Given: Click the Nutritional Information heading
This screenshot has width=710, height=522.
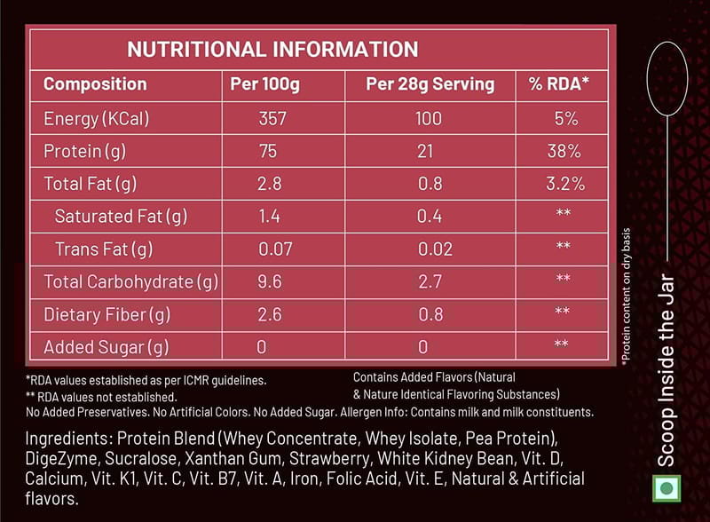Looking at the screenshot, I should click(x=272, y=49).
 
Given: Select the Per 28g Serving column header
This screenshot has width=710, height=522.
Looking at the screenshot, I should click(x=430, y=84).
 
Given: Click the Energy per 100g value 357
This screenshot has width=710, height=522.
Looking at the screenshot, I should click(x=272, y=118).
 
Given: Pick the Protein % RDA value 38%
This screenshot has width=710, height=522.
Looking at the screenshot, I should click(x=564, y=152).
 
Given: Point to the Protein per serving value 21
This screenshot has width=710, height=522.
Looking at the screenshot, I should click(x=425, y=152).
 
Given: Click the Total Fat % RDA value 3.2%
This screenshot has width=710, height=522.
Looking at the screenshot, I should click(x=564, y=185).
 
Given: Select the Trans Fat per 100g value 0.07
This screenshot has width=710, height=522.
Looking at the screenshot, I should click(x=275, y=249).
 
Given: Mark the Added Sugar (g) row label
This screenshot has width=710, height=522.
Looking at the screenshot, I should click(x=106, y=346).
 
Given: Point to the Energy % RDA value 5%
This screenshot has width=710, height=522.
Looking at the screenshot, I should click(x=565, y=118).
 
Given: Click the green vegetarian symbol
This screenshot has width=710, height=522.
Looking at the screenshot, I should click(x=665, y=487).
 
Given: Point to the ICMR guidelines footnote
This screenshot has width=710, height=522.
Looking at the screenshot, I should click(x=147, y=380).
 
